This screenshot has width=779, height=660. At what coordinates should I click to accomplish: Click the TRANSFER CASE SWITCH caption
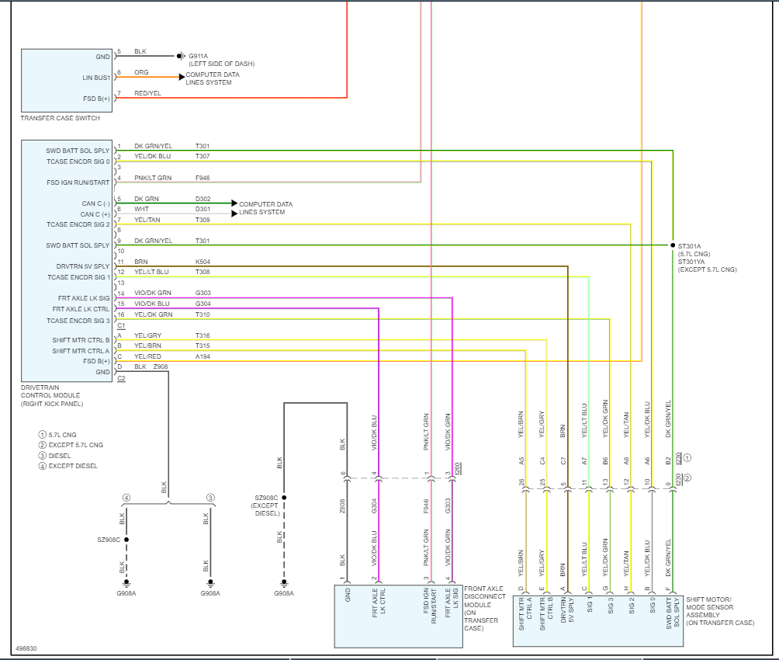(x=60, y=118)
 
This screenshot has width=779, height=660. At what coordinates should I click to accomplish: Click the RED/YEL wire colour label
(x=147, y=93)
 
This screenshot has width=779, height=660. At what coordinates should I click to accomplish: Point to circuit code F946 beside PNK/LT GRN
(x=203, y=178)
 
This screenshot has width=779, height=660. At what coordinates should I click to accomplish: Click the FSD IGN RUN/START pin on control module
(x=78, y=182)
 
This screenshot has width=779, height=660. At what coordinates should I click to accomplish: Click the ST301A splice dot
(x=673, y=245)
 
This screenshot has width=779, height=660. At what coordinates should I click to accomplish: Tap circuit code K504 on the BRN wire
(x=203, y=262)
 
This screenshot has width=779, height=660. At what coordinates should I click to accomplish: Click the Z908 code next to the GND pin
(x=161, y=366)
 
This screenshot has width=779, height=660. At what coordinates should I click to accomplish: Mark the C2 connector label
(x=121, y=378)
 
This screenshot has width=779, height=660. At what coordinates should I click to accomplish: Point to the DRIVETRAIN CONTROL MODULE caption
(x=50, y=395)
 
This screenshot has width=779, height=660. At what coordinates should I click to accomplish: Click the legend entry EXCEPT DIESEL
(x=73, y=466)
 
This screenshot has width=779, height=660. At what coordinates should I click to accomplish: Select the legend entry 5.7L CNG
(x=63, y=434)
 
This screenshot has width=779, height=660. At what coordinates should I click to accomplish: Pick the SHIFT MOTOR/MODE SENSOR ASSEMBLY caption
(x=719, y=611)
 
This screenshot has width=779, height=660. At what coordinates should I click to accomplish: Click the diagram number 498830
(x=26, y=648)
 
